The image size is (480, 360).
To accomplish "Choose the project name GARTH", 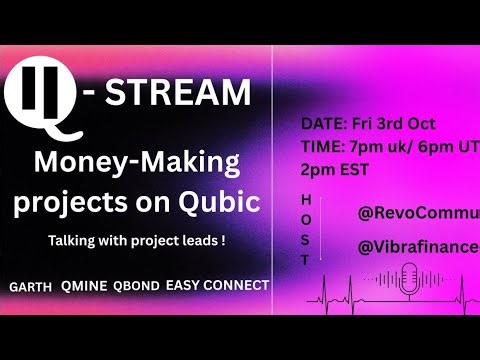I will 31,286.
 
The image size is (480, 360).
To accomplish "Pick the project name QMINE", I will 85,286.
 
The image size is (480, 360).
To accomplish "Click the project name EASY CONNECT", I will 219,285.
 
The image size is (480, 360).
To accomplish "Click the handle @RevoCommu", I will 418,213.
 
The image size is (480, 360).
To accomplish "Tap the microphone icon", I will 410,277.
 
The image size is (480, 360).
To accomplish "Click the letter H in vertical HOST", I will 306,199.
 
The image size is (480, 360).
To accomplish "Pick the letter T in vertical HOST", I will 306,258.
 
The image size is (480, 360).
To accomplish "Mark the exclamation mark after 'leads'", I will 222,242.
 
